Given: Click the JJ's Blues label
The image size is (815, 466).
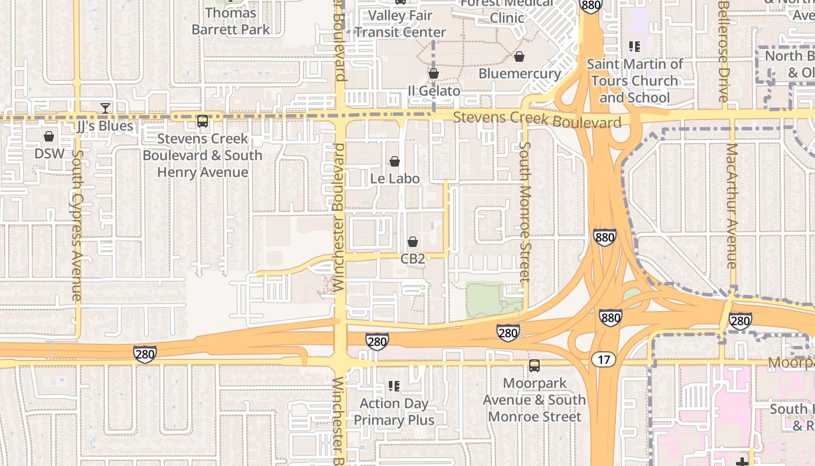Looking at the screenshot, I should (105, 126).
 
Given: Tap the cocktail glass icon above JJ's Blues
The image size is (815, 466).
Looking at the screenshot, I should (105, 108).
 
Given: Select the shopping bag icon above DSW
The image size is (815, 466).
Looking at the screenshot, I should (49, 136).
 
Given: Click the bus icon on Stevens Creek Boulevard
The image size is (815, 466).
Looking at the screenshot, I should (203, 121).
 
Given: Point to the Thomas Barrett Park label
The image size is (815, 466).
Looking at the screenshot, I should (231, 21).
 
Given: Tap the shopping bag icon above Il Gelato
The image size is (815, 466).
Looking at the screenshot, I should (433, 74).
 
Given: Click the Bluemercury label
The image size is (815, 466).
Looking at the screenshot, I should (519, 74).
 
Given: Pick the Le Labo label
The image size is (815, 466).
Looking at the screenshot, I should (395, 178).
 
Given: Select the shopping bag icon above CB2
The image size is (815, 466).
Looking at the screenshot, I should (413, 242).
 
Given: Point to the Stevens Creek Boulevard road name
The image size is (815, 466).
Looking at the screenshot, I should (537, 120).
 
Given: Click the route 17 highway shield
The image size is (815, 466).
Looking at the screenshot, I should (604, 359).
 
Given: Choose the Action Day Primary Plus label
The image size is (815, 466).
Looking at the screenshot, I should (394, 411).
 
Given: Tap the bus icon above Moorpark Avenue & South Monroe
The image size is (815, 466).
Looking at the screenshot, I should (534, 366).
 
